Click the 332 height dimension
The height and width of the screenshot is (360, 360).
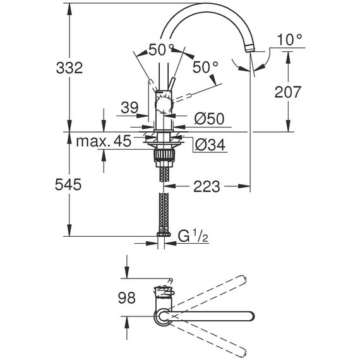pos(69,68)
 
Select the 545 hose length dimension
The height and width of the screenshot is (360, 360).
pos(68,184)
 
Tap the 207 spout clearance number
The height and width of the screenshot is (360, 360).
pos(287,92)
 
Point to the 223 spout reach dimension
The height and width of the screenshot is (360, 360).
pos(207,186)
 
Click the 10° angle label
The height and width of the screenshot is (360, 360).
pos(289,40)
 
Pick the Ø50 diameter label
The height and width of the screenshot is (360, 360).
pos(209,119)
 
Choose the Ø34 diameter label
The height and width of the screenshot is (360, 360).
pos(210,145)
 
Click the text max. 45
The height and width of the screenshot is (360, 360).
pos(104,141)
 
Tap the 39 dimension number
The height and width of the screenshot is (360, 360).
pos(129,107)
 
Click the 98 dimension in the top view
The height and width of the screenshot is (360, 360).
pos(127,297)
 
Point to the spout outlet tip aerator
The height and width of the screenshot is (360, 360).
pos(250,49)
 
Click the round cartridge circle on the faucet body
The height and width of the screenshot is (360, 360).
pos(164,106)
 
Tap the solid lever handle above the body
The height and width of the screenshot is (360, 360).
pos(171,84)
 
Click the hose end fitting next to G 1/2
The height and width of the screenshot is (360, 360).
pos(163,234)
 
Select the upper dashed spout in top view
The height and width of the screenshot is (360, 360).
pos(208,292)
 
